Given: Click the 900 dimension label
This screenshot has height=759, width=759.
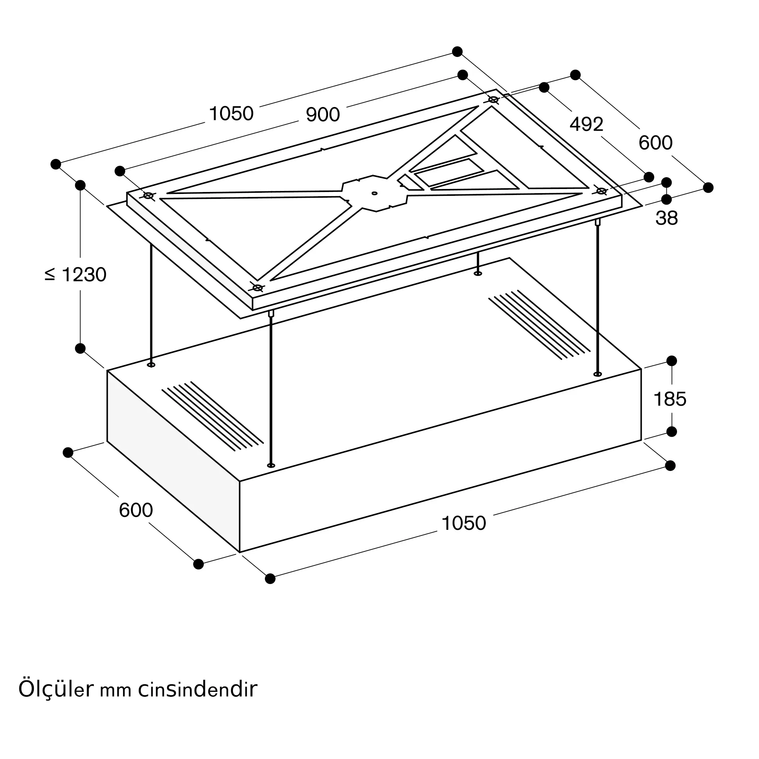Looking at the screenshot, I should click(323, 115).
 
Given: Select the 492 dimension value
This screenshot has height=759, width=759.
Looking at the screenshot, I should click(586, 124).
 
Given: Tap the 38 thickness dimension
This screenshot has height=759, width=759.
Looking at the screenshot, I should click(666, 219).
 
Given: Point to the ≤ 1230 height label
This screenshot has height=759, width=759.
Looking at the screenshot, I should click(76, 275).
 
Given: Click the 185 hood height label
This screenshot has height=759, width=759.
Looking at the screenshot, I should click(670, 399).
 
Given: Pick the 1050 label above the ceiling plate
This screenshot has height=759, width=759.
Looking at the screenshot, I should click(231, 113).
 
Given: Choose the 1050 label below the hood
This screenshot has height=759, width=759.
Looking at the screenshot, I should click(464, 523).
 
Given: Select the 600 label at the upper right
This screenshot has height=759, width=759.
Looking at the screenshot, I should click(655, 143).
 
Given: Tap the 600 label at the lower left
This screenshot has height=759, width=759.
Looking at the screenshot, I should click(135, 510).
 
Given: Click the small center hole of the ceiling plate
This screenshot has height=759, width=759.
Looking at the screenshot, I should click(375, 193).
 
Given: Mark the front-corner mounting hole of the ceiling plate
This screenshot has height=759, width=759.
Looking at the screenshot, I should click(257, 288).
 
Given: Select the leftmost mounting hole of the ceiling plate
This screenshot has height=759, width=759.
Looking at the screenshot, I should click(148, 195).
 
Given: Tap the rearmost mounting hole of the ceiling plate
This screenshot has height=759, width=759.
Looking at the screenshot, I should click(493, 100).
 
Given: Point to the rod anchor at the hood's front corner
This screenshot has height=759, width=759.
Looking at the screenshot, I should click(271, 466).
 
